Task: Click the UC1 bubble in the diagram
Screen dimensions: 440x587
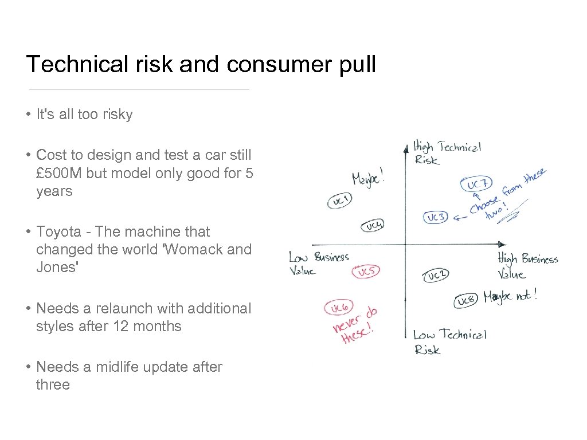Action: pos(340,201)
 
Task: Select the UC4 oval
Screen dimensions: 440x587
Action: pos(373,226)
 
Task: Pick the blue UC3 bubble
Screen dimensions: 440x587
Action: pos(436,217)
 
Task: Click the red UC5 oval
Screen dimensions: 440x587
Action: pos(366,272)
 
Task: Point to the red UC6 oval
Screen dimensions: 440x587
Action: pos(338,308)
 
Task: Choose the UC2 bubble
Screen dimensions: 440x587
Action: pos(436,276)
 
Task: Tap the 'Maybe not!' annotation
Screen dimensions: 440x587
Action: pos(510,297)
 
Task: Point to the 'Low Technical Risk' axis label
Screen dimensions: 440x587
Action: pos(449,341)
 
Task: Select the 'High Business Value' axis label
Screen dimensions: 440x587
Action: pos(527,266)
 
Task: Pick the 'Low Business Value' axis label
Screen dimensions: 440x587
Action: pos(318,264)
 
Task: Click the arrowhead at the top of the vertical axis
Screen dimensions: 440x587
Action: pos(405,144)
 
